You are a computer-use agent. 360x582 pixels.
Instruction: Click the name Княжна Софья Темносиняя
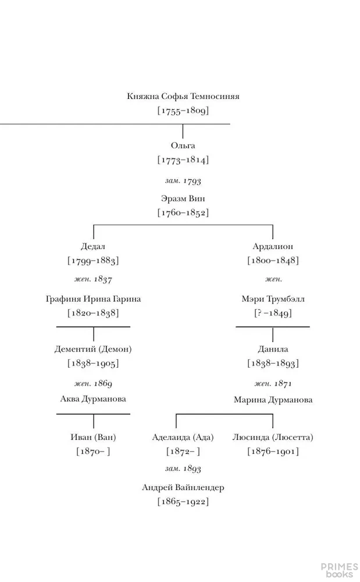point(183,97)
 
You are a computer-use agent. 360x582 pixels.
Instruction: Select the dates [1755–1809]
point(183,111)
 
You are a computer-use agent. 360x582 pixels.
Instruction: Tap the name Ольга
point(183,145)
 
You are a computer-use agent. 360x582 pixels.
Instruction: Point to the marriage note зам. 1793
point(183,181)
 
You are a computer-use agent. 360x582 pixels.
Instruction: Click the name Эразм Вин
point(183,198)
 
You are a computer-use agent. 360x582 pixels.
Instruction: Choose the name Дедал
point(93,246)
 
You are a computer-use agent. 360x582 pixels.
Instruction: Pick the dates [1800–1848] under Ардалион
point(273,261)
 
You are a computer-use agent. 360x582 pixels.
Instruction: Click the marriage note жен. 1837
point(93,279)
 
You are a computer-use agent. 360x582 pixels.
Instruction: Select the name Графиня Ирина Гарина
point(93,299)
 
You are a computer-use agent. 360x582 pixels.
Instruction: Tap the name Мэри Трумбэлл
point(273,299)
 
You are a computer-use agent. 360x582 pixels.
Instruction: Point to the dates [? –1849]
point(273,313)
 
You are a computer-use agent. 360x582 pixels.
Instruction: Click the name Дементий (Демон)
point(93,349)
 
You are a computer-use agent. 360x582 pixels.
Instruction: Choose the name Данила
point(273,349)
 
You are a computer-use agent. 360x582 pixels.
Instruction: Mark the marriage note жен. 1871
point(273,384)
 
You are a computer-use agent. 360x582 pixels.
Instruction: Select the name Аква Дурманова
point(93,399)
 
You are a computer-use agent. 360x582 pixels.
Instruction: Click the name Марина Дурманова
point(273,400)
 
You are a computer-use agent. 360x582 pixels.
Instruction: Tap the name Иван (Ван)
point(93,437)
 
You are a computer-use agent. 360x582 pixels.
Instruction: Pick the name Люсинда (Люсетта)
point(273,437)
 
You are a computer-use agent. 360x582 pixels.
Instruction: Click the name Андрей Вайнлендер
point(183,488)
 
